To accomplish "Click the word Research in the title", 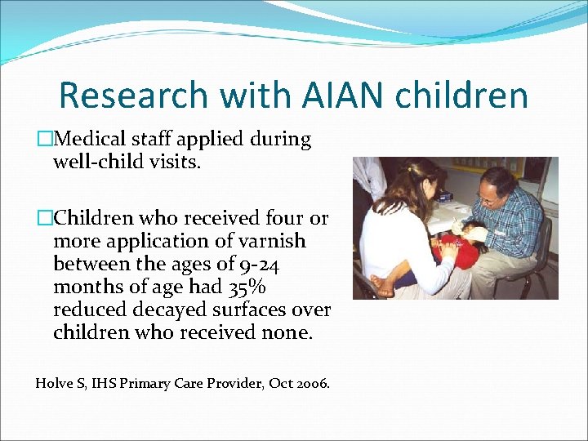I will [x=132, y=96].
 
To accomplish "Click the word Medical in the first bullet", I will [x=87, y=140].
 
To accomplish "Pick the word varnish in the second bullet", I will [x=272, y=242].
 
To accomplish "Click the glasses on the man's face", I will [x=487, y=198].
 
